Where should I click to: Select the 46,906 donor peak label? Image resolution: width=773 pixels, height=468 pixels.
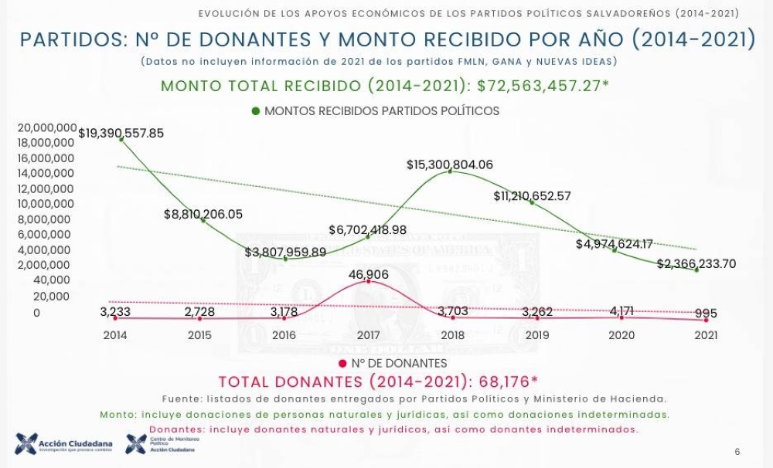click(368, 275)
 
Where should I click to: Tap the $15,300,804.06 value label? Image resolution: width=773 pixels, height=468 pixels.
click(449, 164)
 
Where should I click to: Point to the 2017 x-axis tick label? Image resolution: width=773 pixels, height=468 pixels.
click(368, 335)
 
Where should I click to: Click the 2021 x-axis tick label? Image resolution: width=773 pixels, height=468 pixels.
click(706, 335)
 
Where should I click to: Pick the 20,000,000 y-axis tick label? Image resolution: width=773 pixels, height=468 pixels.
click(46, 127)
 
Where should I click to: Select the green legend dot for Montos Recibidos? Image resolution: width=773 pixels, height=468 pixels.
click(256, 111)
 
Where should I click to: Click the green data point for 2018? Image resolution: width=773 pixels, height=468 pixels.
click(451, 171)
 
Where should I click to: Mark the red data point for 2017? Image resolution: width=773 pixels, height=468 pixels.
click(368, 282)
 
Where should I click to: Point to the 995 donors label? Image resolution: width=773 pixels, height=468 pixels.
click(706, 314)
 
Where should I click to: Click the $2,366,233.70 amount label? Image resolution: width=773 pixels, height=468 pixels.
click(696, 263)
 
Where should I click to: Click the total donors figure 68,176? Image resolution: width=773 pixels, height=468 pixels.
click(508, 382)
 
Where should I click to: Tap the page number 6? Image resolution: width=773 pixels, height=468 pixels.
click(737, 452)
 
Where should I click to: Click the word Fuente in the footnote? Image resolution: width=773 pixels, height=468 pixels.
click(182, 398)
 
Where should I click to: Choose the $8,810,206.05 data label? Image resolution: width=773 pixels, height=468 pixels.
click(203, 214)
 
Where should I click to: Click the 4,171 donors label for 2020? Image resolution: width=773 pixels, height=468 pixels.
click(621, 311)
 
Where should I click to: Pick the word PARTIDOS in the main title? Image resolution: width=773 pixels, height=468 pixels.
click(69, 41)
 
